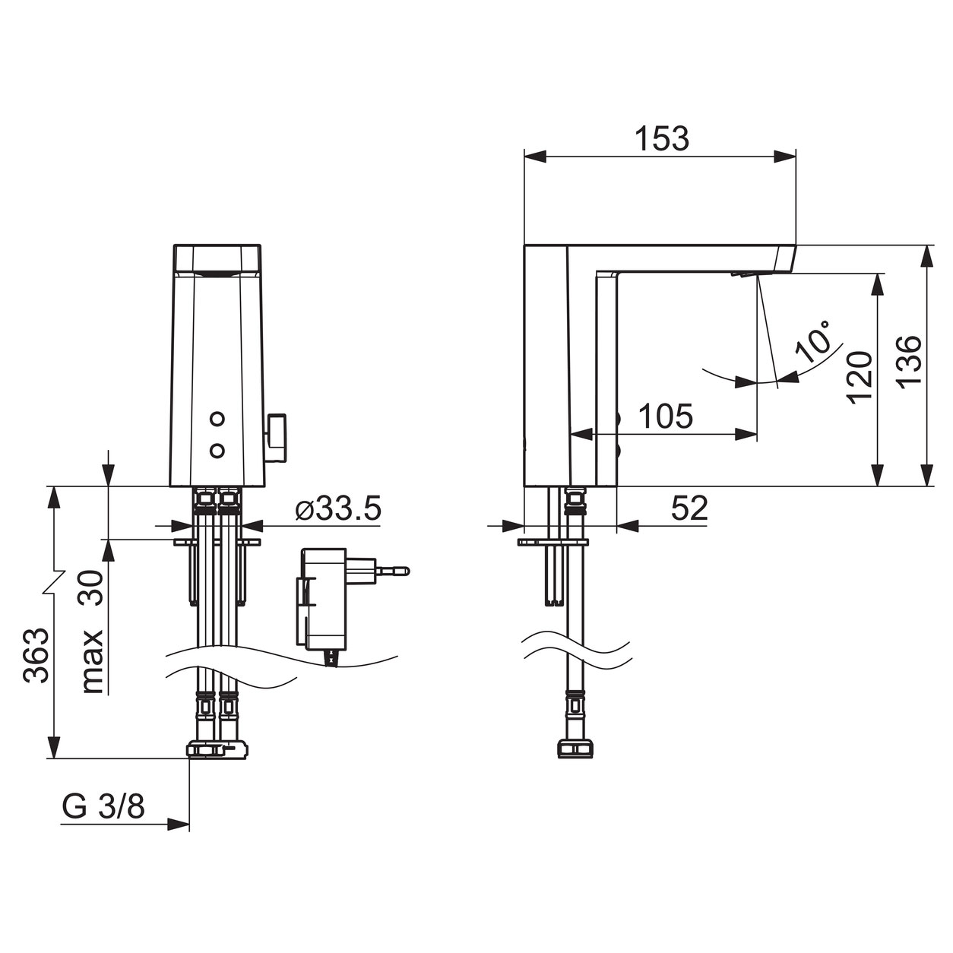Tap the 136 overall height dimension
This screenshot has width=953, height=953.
[x=910, y=362]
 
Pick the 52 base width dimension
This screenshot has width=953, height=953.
[x=689, y=508]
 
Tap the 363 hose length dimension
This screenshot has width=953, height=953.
[x=36, y=656]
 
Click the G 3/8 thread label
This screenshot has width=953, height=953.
[x=103, y=808]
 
